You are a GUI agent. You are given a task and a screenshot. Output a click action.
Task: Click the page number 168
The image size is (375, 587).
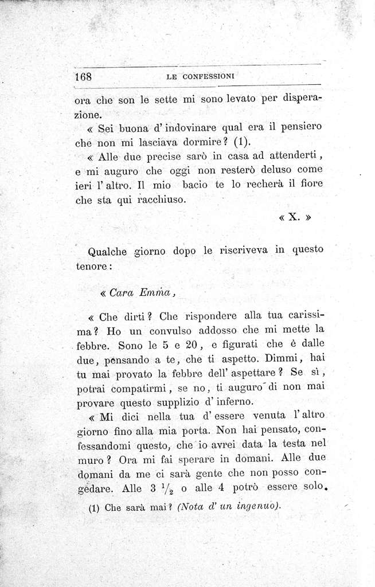click(x=84, y=77)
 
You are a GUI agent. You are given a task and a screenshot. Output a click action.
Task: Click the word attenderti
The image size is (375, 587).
click(x=294, y=156)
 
